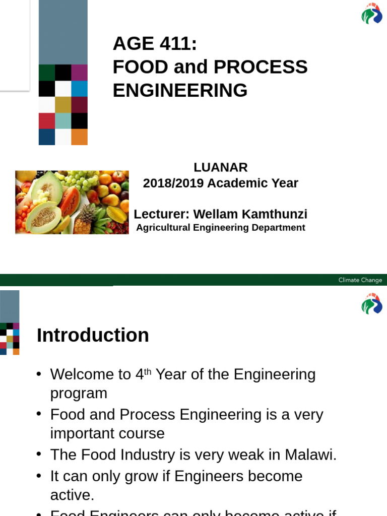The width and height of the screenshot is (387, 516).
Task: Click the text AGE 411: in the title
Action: pyautogui.click(x=155, y=44)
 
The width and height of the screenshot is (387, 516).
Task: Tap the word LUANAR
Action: pyautogui.click(x=221, y=167)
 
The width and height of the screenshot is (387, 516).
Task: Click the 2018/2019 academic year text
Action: pyautogui.click(x=221, y=183)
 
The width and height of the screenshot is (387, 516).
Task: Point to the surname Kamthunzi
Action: pyautogui.click(x=275, y=214)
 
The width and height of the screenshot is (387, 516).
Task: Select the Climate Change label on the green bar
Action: pyautogui.click(x=360, y=280)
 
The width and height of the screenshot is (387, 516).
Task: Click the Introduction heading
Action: pyautogui.click(x=93, y=336)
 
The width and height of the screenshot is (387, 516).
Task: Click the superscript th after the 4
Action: pyautogui.click(x=148, y=371)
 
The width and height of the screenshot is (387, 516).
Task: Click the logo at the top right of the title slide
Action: pyautogui.click(x=372, y=14)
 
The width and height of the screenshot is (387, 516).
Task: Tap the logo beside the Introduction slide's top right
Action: pyautogui.click(x=372, y=304)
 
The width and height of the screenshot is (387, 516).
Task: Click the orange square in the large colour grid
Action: pyautogui.click(x=79, y=137)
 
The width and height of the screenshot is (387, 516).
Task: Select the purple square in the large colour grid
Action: pyautogui.click(x=79, y=73)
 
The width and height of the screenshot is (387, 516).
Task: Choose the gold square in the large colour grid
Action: pyautogui.click(x=63, y=105)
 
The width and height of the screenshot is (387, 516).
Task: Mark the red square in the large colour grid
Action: pyautogui.click(x=47, y=121)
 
